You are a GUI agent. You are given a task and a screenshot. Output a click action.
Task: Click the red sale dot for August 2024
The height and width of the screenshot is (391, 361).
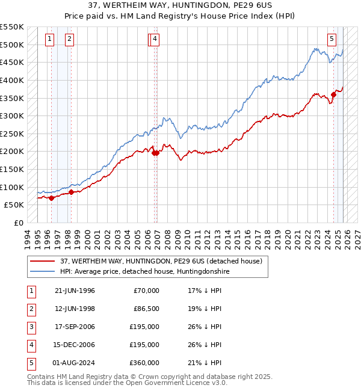coord(333,94)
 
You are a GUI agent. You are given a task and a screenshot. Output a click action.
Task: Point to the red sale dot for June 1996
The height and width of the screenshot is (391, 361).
coord(52,198)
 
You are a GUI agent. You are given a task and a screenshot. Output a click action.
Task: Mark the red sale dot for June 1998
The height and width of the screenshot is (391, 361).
coord(71,192)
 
